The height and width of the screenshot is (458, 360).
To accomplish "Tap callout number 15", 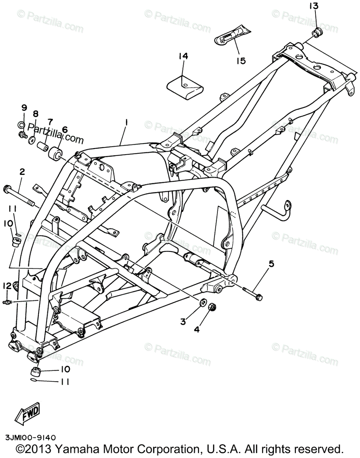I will tap(241, 61).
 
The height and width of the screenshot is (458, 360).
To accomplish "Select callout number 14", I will tap(183, 56).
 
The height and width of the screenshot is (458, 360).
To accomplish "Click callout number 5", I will tap(272, 263).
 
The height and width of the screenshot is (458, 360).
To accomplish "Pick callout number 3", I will tap(183, 321).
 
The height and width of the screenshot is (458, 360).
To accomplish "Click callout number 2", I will tap(22, 172).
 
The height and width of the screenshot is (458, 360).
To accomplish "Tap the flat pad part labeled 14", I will tap(185, 87).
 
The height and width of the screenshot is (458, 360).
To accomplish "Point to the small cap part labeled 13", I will tap(317, 32).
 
